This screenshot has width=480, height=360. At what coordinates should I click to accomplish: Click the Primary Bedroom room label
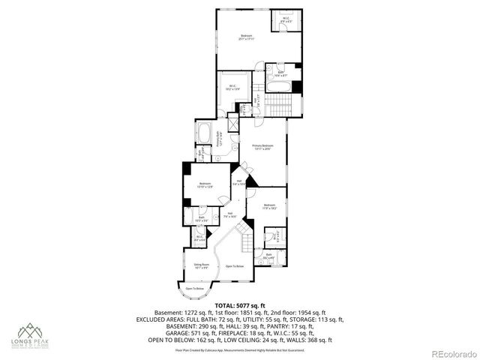tap(262, 147)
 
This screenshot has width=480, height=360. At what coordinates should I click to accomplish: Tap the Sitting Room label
tap(201, 266)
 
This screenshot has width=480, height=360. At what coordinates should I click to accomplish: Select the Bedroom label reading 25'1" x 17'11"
tap(247, 38)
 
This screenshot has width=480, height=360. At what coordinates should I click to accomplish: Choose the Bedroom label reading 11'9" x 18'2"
tap(270, 207)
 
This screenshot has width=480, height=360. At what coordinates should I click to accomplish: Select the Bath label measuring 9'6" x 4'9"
tap(269, 256)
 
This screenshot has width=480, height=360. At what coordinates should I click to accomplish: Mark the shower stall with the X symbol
tap(232, 124)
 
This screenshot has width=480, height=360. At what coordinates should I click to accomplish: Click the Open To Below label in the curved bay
tap(194, 288)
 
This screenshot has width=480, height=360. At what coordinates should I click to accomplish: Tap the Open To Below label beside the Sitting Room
tap(235, 266)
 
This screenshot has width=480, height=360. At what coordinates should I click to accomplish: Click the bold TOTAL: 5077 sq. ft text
tap(239, 305)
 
